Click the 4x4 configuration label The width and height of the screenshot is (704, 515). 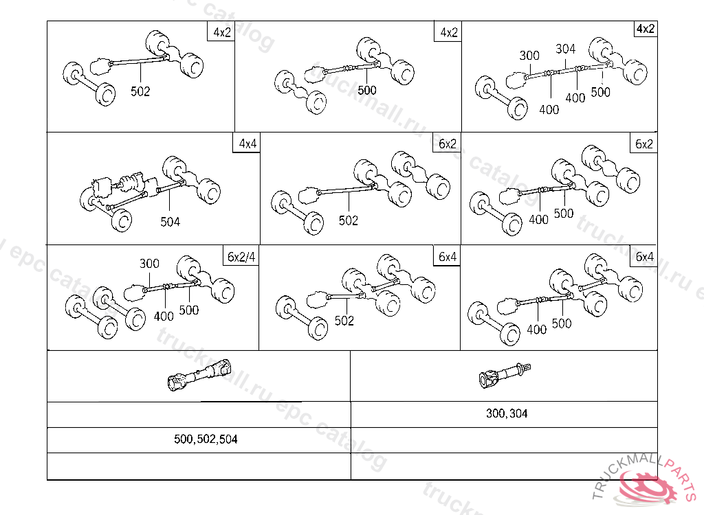(x=247, y=144)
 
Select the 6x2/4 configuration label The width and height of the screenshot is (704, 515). (x=242, y=257)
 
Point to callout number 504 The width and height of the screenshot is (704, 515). (x=170, y=222)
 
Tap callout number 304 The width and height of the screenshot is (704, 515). (x=565, y=49)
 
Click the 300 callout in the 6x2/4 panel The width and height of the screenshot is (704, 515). (x=149, y=264)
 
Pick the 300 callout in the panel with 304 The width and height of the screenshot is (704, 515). (x=529, y=56)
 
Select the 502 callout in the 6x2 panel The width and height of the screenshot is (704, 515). (x=349, y=220)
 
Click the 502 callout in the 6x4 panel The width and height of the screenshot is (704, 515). (x=344, y=321)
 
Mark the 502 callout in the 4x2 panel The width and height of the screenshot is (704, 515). (x=140, y=91)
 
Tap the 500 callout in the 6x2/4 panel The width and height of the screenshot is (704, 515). (x=188, y=310)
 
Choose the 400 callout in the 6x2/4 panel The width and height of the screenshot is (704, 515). (x=164, y=317)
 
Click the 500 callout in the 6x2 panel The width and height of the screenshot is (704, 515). (x=563, y=214)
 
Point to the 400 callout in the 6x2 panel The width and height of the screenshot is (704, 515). (x=538, y=220)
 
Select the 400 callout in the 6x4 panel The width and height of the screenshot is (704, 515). (x=537, y=330)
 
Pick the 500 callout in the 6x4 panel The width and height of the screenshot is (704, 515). (x=562, y=323)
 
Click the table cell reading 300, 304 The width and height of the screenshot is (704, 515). (x=507, y=414)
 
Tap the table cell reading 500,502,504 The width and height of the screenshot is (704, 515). (x=206, y=439)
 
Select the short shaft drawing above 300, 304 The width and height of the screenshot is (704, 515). (x=505, y=375)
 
